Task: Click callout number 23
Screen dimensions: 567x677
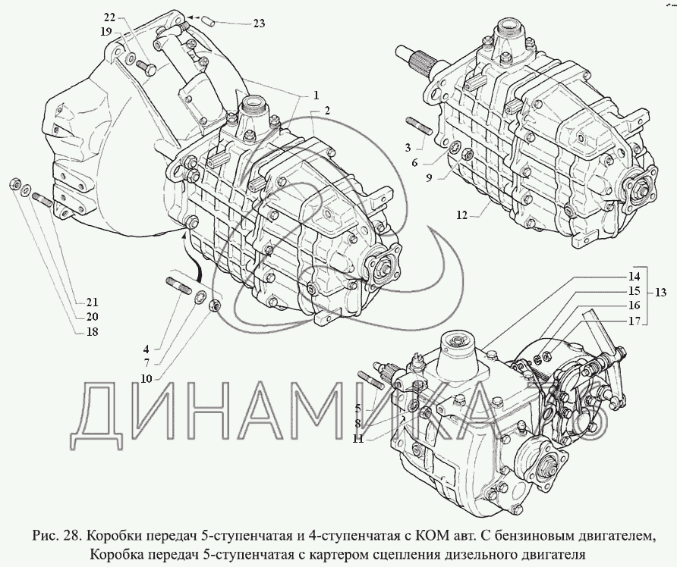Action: pyautogui.click(x=259, y=23)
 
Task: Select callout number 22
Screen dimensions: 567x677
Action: pyautogui.click(x=109, y=17)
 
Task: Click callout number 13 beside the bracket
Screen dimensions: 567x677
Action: pyautogui.click(x=661, y=293)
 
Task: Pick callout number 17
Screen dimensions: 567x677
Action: pyautogui.click(x=634, y=320)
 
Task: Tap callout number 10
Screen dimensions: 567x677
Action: pyautogui.click(x=146, y=377)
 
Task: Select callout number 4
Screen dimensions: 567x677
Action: pyautogui.click(x=146, y=349)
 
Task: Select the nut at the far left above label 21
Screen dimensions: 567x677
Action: pyautogui.click(x=13, y=183)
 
